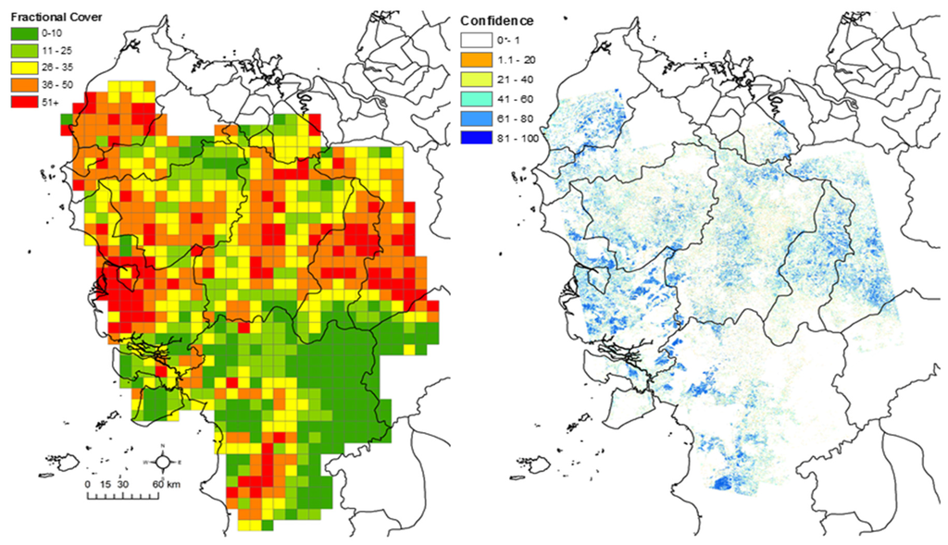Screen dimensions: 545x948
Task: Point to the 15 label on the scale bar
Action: tap(106, 483)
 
